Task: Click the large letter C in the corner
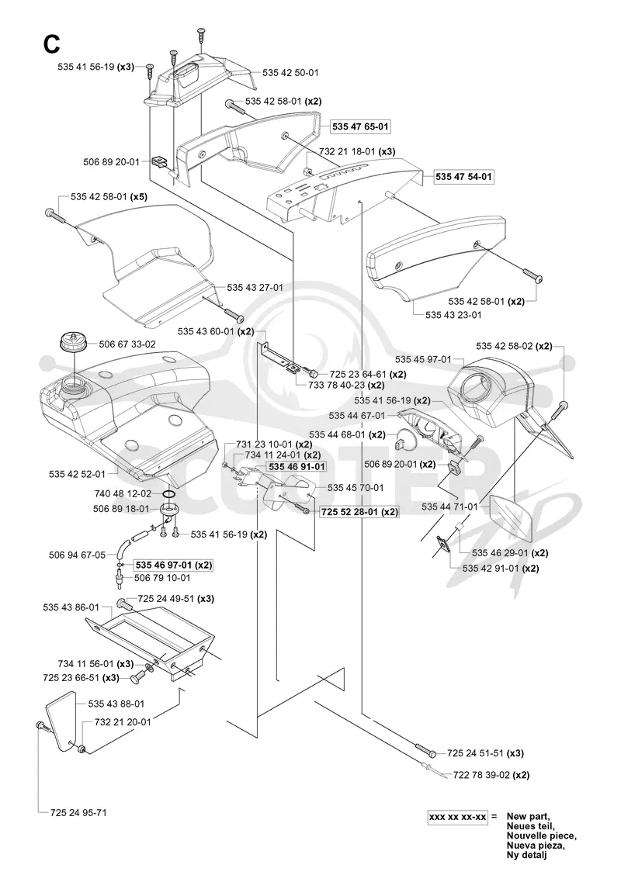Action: pyautogui.click(x=51, y=44)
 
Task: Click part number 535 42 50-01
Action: pyautogui.click(x=290, y=73)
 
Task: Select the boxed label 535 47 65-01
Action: pyautogui.click(x=360, y=126)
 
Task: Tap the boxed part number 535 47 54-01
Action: pyautogui.click(x=463, y=177)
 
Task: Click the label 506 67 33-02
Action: pyautogui.click(x=127, y=344)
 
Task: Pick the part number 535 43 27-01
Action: pyautogui.click(x=255, y=288)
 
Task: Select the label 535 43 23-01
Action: pyautogui.click(x=454, y=315)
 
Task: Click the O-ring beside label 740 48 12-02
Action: pyautogui.click(x=168, y=493)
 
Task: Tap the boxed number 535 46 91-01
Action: pyautogui.click(x=297, y=467)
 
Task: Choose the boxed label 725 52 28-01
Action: pyautogui.click(x=359, y=512)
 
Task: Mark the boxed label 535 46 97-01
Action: pyautogui.click(x=173, y=566)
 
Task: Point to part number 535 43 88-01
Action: pyautogui.click(x=116, y=704)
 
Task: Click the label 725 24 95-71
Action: pyautogui.click(x=78, y=813)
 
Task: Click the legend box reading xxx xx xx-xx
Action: pyautogui.click(x=457, y=816)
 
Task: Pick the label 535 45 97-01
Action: pyautogui.click(x=423, y=359)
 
